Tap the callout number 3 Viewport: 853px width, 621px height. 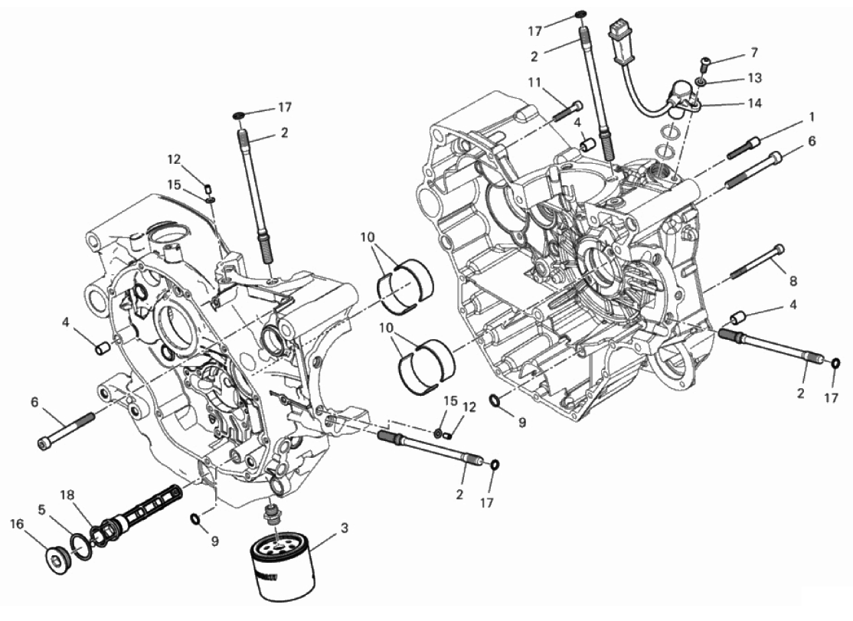[344, 528]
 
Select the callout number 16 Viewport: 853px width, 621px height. [17, 524]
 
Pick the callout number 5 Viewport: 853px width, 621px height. [42, 508]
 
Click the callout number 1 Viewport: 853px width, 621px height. [810, 118]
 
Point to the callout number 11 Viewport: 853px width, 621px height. [534, 81]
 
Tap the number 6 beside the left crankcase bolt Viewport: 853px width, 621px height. [34, 401]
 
